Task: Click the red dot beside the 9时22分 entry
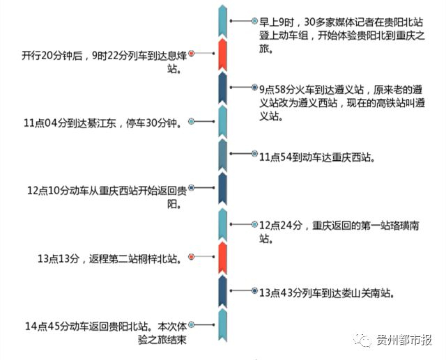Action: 191,53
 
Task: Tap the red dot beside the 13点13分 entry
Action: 191,257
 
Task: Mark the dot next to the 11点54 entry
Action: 254,157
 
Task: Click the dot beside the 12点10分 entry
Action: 191,188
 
